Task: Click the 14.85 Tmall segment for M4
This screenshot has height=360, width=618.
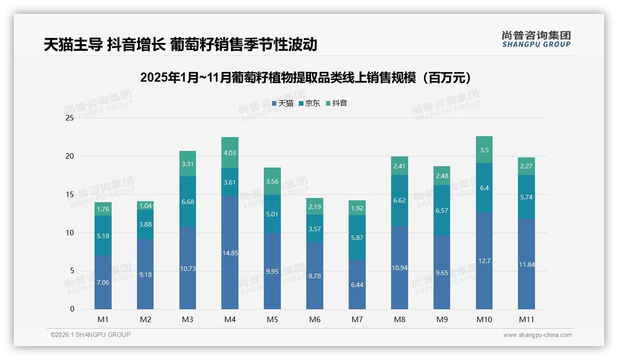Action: click(230, 252)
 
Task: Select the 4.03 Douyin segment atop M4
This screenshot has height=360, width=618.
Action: click(230, 153)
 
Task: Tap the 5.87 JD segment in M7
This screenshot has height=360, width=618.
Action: click(357, 238)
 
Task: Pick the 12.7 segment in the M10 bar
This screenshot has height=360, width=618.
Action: click(484, 261)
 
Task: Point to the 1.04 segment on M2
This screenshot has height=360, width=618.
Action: click(145, 206)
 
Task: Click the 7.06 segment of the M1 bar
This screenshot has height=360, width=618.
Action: click(103, 282)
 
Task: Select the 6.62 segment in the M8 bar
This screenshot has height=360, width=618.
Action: click(399, 200)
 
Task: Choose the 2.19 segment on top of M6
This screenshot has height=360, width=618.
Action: click(315, 206)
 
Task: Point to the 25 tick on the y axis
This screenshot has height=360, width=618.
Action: click(70, 118)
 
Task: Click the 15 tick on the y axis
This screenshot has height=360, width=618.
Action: click(70, 194)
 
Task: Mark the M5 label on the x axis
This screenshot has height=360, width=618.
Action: click(272, 319)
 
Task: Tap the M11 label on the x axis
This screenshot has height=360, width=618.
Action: click(526, 319)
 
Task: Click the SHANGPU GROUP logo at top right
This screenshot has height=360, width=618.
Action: click(536, 39)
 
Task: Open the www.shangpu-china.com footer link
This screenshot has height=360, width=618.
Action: click(537, 335)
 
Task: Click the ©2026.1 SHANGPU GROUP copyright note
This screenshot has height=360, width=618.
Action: click(90, 335)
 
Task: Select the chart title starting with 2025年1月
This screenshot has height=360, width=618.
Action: click(308, 78)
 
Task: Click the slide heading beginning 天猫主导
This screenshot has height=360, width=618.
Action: click(180, 45)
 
